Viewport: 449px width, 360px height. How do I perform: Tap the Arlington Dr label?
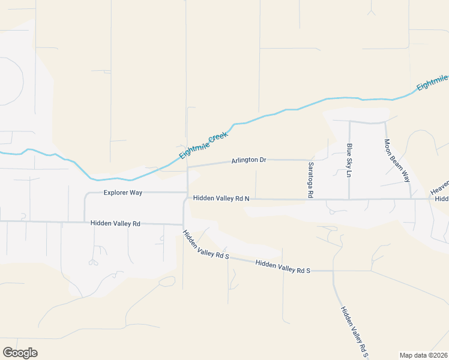249,160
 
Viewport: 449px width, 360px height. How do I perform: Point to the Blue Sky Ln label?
349,160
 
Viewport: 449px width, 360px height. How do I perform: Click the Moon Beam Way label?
397,160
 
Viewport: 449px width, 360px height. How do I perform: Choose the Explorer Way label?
122,193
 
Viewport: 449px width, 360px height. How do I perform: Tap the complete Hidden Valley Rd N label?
221,198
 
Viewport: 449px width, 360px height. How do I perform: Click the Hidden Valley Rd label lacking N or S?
115,223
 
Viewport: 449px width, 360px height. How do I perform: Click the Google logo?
20,353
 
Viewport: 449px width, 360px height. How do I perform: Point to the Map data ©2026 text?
423,355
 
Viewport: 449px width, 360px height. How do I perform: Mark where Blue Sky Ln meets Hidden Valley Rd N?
349,199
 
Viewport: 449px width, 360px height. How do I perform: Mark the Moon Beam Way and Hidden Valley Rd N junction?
411,199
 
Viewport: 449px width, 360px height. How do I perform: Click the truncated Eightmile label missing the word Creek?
432,83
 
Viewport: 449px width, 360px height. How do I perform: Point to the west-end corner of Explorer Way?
85,194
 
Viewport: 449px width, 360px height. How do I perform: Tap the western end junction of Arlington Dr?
188,167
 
